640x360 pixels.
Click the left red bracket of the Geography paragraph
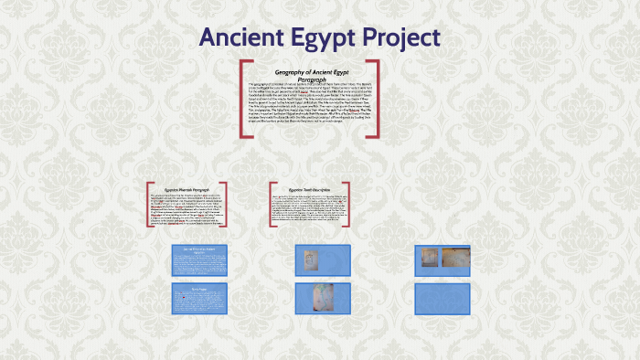(243, 100)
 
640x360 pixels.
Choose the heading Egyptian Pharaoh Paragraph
(187, 189)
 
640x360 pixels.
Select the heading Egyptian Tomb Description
(313, 189)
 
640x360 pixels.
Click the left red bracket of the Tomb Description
(272, 206)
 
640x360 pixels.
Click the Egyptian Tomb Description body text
(311, 208)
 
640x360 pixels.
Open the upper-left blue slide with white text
(200, 260)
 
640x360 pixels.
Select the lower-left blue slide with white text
(200, 298)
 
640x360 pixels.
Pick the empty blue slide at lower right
(442, 298)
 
